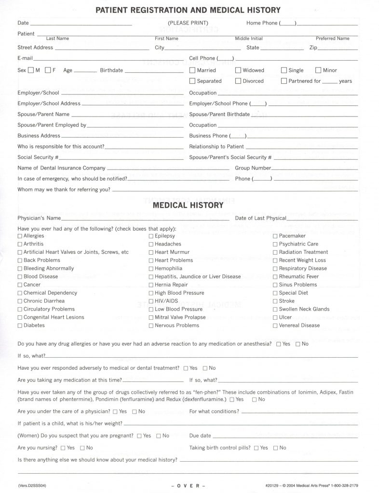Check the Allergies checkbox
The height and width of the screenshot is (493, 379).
click(20, 236)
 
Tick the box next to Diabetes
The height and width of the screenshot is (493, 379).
click(20, 325)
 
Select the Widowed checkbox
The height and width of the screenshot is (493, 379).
click(238, 70)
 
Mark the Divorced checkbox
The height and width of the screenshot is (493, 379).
click(238, 81)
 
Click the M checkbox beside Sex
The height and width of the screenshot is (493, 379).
click(31, 70)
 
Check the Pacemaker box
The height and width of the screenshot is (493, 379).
click(275, 236)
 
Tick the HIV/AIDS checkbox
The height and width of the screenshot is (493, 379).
click(151, 301)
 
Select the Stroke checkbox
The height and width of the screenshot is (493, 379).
click(275, 301)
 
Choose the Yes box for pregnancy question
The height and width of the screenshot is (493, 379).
click(139, 436)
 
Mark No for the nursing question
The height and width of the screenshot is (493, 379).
click(82, 448)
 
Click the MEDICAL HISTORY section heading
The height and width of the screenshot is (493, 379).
click(188, 206)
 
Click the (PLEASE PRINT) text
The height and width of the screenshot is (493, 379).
click(188, 23)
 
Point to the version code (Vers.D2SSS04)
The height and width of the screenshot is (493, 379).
click(33, 485)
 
